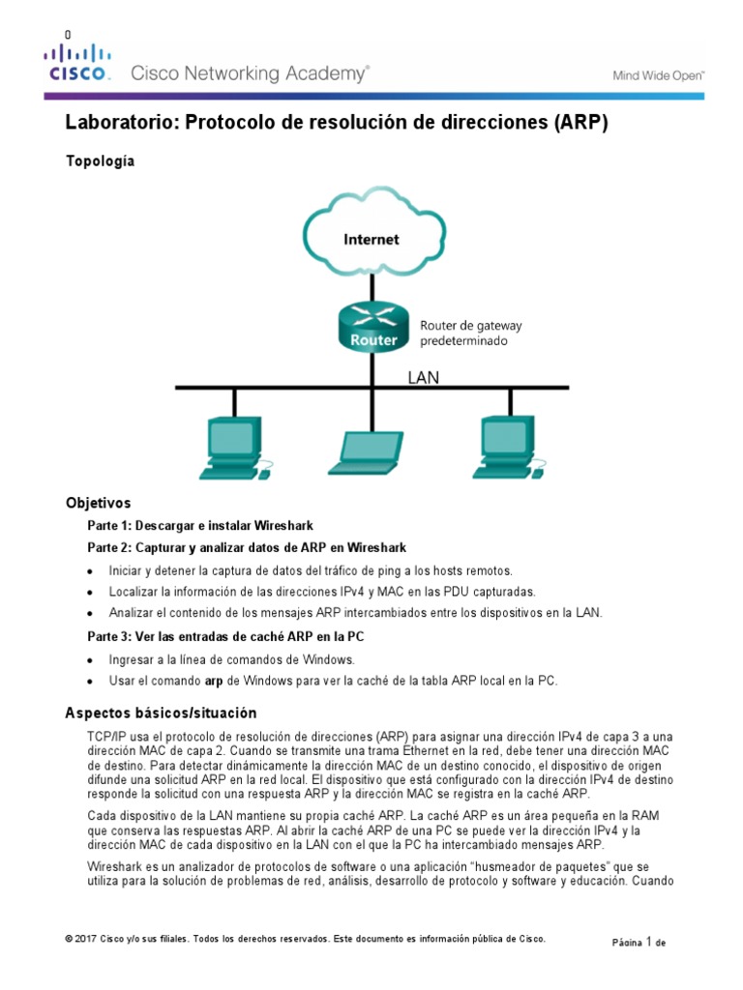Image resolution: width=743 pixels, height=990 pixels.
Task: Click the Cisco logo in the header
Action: pos(79,62)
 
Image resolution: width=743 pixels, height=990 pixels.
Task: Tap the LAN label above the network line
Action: pos(422,378)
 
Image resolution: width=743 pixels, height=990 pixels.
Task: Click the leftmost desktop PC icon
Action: pos(233,447)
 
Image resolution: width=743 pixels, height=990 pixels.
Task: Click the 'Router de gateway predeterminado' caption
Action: pos(470,334)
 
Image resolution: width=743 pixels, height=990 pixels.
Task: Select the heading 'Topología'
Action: pos(100,161)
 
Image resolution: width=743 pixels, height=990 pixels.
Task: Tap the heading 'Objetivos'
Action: pos(98,503)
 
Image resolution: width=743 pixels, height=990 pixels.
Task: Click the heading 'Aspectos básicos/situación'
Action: pos(161,713)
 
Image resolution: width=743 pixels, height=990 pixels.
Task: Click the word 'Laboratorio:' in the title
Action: pos(120,124)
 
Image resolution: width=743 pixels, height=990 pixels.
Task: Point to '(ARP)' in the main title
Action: pos(580,124)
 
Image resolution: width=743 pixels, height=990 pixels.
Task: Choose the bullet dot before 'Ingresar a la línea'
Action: pos(91,660)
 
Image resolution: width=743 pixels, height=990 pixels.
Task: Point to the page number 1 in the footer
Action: pos(649,941)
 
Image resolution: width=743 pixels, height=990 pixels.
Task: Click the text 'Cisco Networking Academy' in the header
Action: pos(249,73)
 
